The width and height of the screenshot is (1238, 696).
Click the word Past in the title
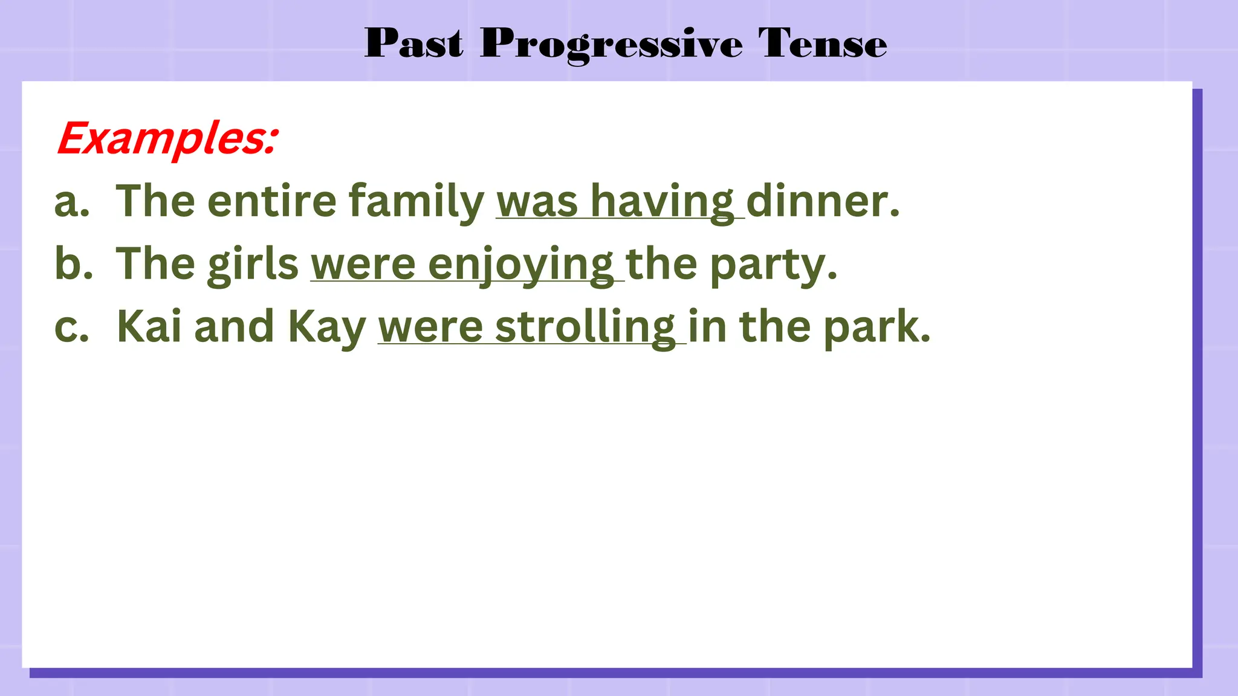414,43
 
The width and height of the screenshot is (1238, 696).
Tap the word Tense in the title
823,43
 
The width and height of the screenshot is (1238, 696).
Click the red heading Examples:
167,138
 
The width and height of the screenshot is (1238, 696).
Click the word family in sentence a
416,201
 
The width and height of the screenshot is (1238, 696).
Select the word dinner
823,201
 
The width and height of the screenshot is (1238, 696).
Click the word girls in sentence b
253,264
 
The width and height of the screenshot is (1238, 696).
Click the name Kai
149,326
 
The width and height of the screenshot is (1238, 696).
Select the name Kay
326,327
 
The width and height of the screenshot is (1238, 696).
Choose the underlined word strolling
585,327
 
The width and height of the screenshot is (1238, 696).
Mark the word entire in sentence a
271,201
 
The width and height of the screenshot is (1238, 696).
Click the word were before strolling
430,327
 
